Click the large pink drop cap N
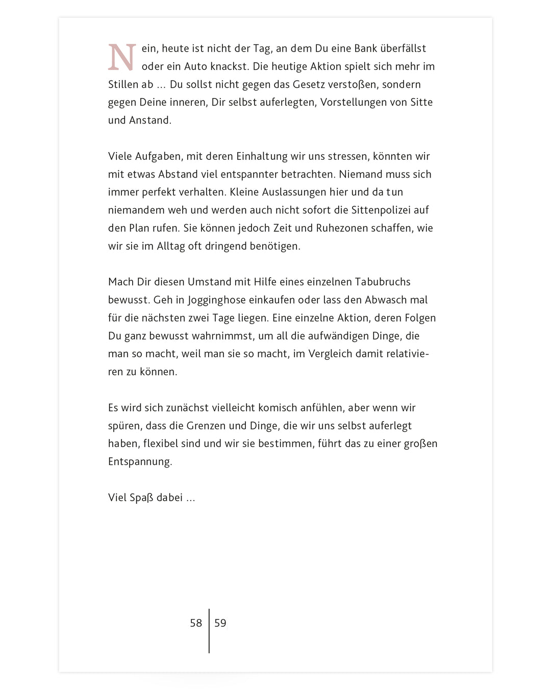(x=122, y=57)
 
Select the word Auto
(x=195, y=66)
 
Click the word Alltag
(x=171, y=246)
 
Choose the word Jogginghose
(x=217, y=300)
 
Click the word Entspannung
(x=140, y=462)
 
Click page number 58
(x=196, y=623)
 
